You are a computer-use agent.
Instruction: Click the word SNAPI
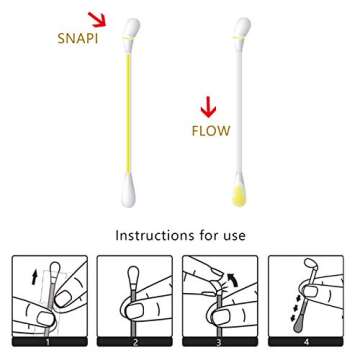pos(78,39)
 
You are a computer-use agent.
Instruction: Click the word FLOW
pos(211,131)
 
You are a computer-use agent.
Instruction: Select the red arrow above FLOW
pos(209,107)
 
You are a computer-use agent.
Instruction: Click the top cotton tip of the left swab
pos(130,29)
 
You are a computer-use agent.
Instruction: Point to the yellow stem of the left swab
pos(129,110)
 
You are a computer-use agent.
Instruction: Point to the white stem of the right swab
pos(240,110)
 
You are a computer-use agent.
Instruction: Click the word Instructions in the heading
pos(154,236)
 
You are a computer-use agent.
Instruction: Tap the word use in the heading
pos(232,236)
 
